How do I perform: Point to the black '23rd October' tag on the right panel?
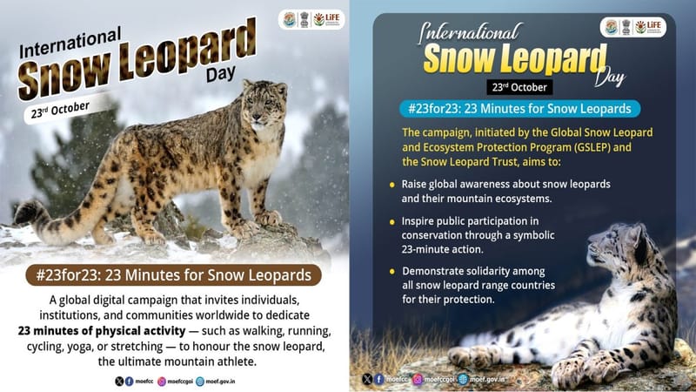click(519, 88)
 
